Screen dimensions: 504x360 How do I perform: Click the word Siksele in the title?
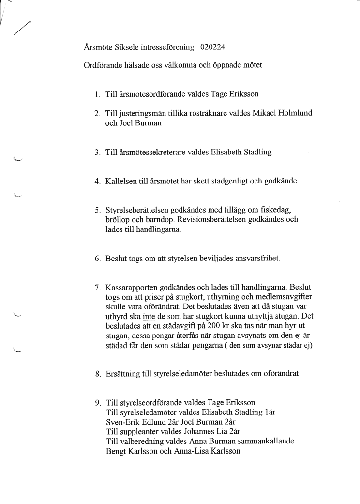[123, 47]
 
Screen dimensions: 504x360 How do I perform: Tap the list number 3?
[97, 153]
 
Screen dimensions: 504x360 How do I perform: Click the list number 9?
[97, 403]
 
